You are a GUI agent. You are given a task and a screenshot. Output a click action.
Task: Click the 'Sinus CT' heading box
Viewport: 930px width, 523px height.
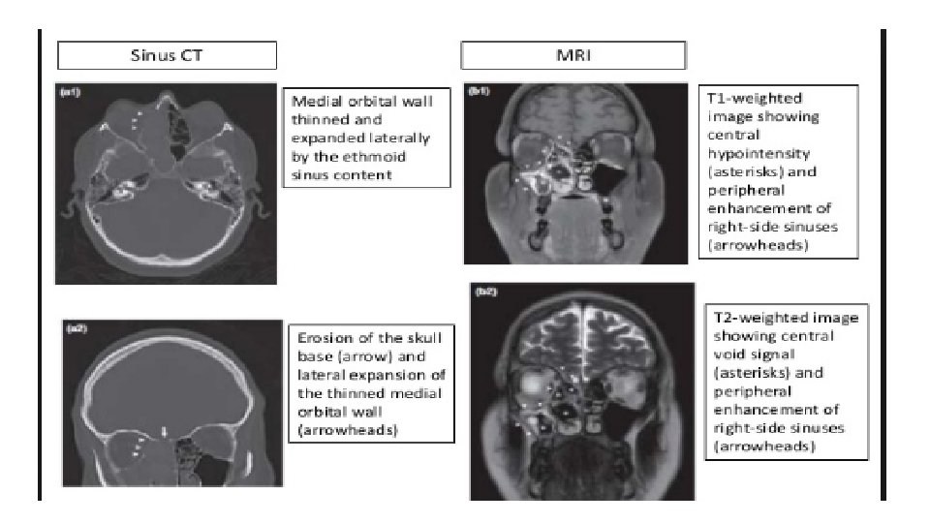pyautogui.click(x=167, y=54)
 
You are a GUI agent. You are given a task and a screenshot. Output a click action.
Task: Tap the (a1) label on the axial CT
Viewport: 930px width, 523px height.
pyautogui.click(x=70, y=93)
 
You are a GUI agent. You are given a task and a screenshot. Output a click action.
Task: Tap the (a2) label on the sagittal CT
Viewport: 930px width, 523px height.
pyautogui.click(x=76, y=328)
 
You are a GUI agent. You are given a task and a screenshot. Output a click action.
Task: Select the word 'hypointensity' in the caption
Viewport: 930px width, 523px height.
pyautogui.click(x=758, y=154)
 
